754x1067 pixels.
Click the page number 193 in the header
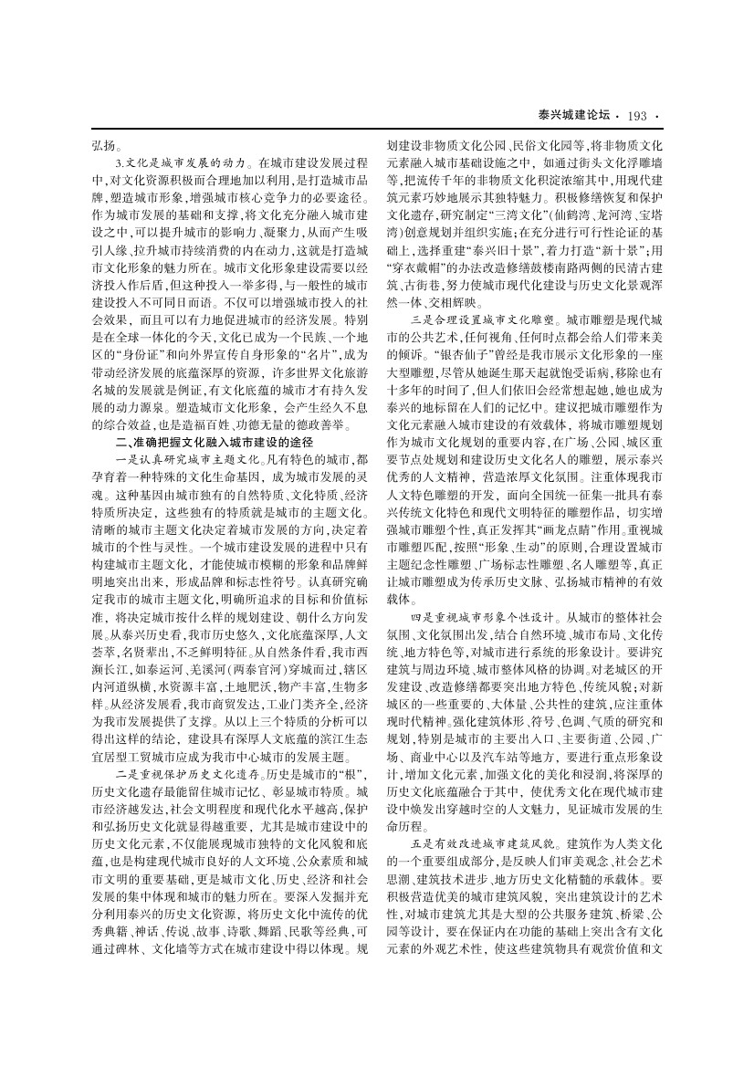[637, 115]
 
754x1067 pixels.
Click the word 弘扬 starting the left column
[103, 145]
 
